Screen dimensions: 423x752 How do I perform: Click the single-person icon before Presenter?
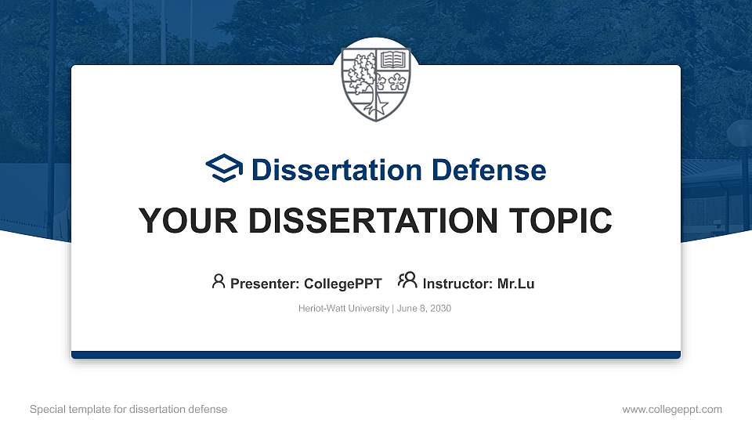coord(219,281)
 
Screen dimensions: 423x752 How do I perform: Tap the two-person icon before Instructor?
coord(407,281)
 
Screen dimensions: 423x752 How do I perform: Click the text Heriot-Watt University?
coord(343,309)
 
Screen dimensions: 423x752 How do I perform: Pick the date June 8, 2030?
coord(424,309)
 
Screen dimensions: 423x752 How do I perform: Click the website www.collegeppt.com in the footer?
coord(671,409)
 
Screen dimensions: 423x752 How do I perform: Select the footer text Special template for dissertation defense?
coord(128,409)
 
